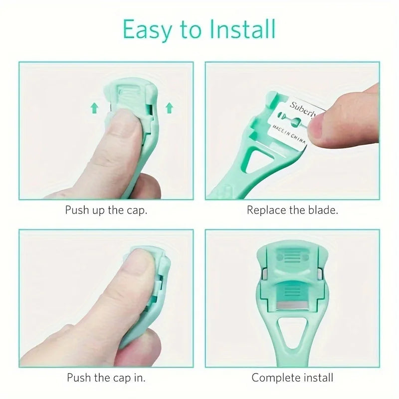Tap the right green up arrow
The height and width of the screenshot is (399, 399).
pyautogui.click(x=169, y=106)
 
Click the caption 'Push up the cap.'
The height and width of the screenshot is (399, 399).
pyautogui.click(x=106, y=209)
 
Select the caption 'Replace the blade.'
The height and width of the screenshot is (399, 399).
pyautogui.click(x=292, y=209)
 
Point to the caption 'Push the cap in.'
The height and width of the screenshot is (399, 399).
pyautogui.click(x=106, y=378)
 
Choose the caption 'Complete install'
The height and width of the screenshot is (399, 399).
pyautogui.click(x=292, y=378)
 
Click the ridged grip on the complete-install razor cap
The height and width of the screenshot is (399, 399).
pyautogui.click(x=293, y=257)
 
